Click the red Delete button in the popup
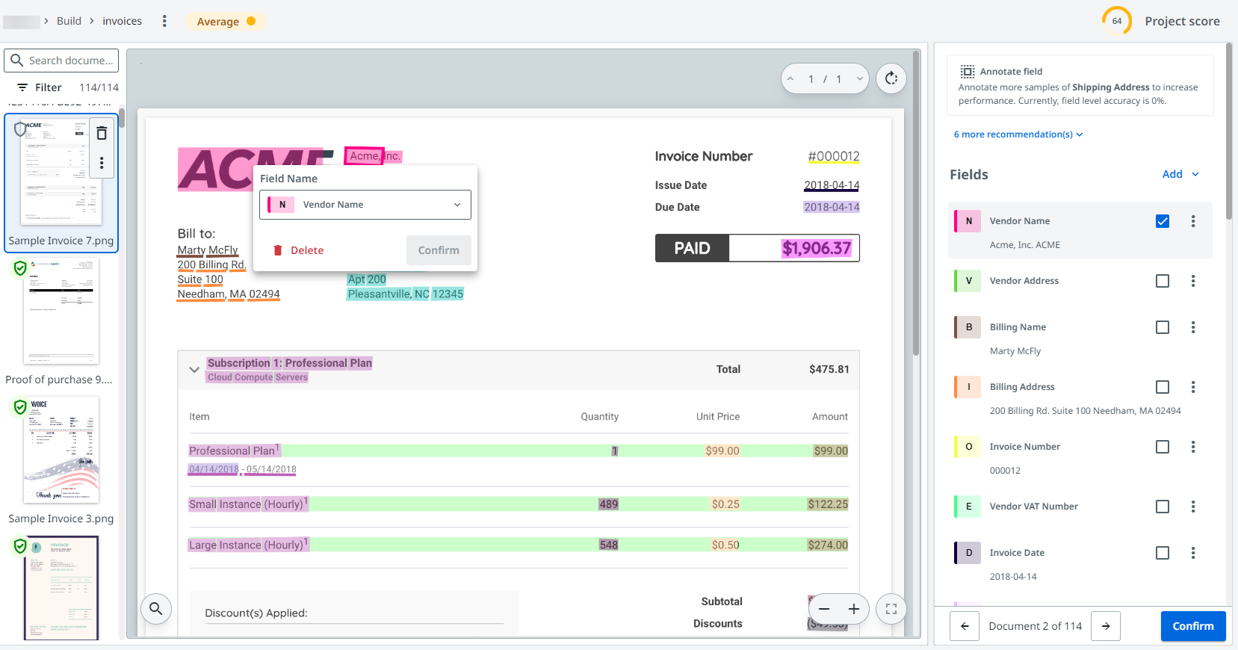(299, 250)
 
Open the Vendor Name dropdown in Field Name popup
(365, 205)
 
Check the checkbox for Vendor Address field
(1162, 281)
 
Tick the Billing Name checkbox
(1162, 327)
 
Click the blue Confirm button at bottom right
(1192, 626)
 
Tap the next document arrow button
(1106, 626)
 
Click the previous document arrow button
(965, 626)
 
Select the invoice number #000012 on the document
(833, 156)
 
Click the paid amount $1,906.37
(816, 248)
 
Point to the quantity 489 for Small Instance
(608, 504)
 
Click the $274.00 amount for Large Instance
(827, 545)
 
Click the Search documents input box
(70, 61)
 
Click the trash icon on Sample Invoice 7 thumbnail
(102, 133)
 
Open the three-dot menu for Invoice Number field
(1192, 447)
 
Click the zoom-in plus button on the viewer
(853, 609)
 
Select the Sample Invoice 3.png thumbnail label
(61, 519)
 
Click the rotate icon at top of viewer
(891, 78)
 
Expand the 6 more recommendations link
(1018, 134)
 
